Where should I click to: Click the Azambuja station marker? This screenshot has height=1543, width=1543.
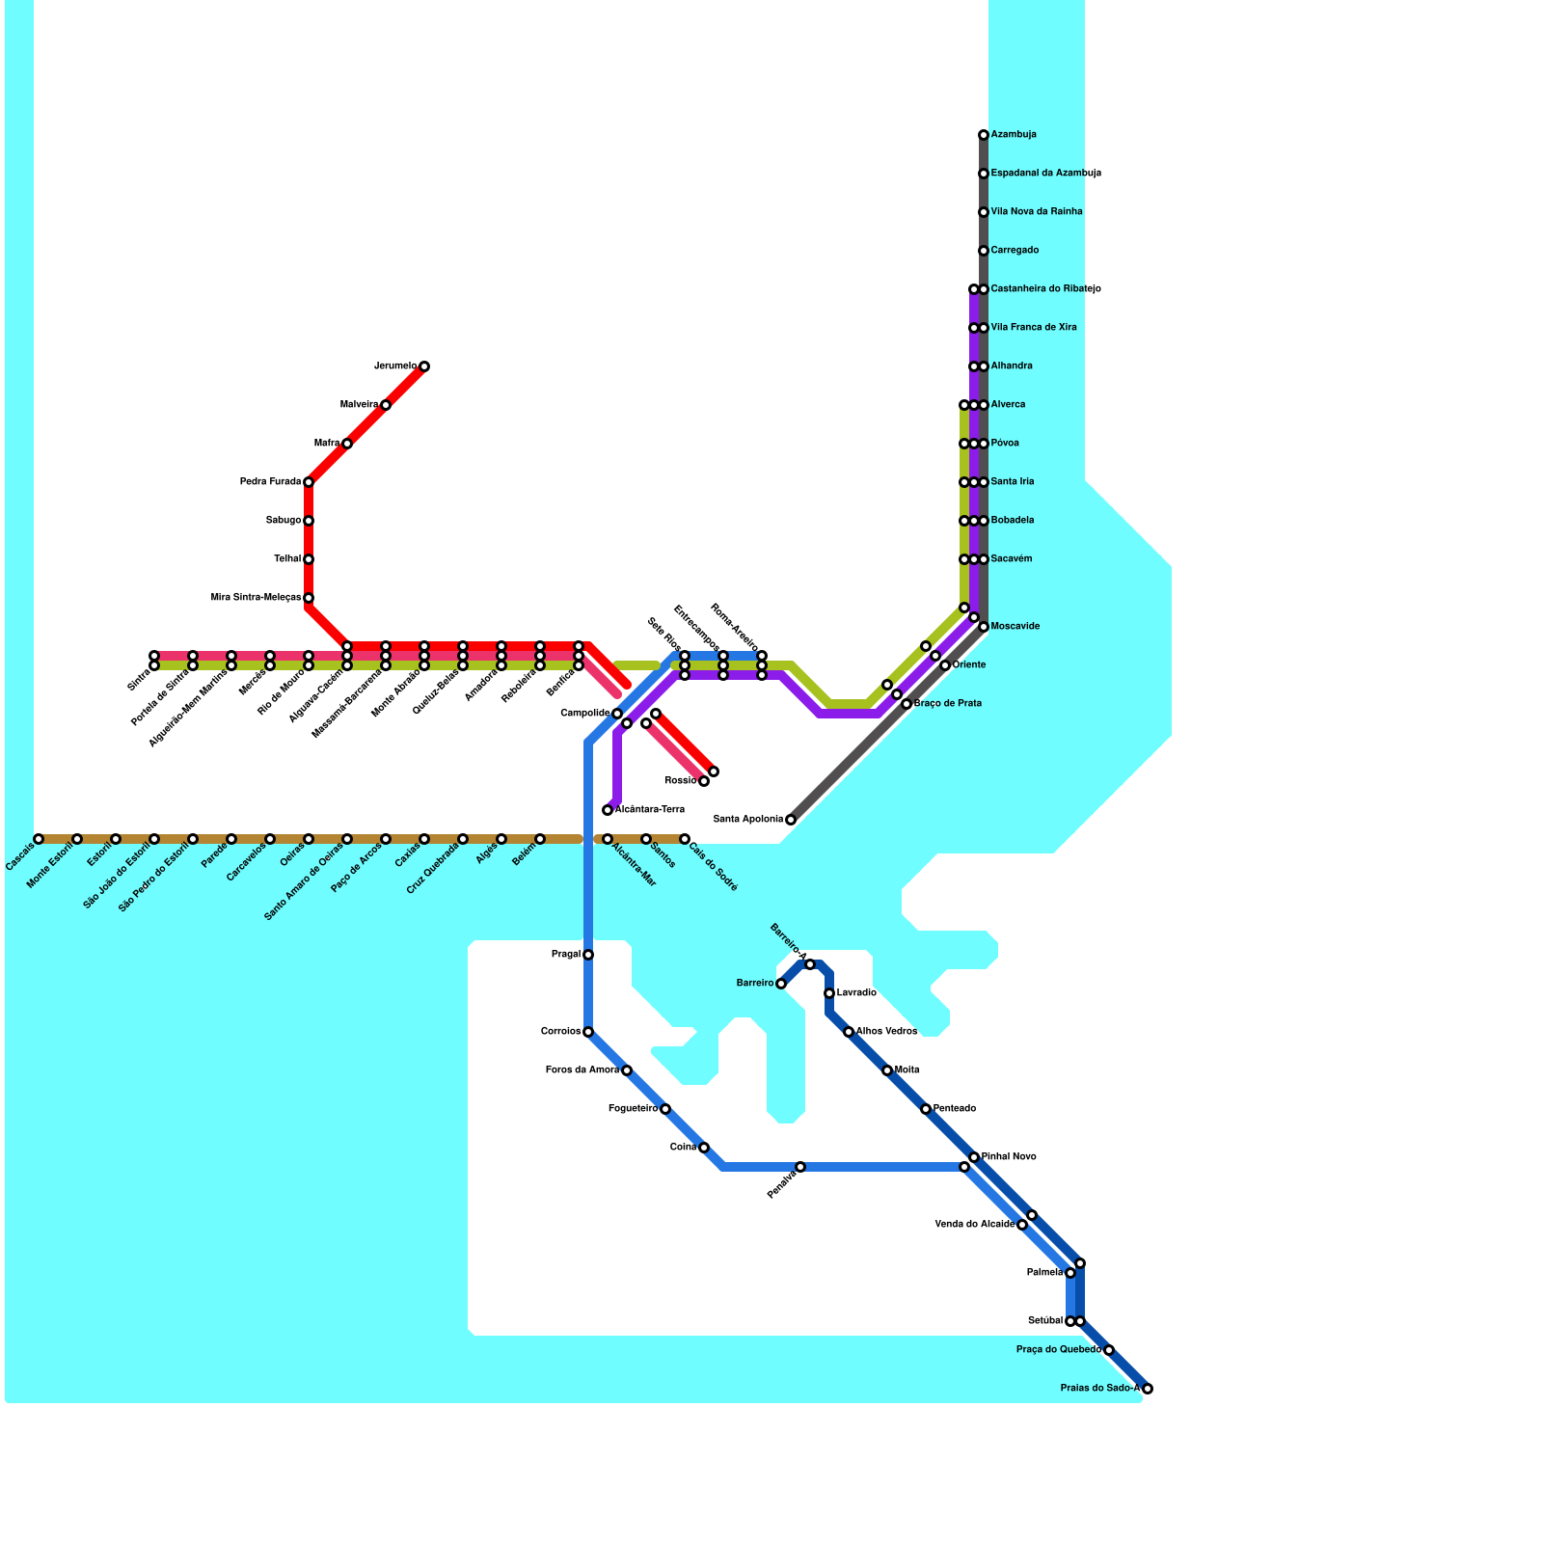(x=983, y=135)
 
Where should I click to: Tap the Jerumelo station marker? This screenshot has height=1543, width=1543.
(x=424, y=366)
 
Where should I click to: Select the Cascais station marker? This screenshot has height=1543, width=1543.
(x=39, y=839)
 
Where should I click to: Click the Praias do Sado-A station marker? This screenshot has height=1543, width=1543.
(x=1147, y=1389)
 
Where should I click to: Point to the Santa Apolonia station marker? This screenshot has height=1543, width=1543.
(x=791, y=820)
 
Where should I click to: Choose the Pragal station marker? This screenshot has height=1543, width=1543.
(x=588, y=955)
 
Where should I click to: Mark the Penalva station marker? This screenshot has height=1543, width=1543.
(x=800, y=1167)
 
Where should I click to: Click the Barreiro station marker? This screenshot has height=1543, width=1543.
(x=781, y=984)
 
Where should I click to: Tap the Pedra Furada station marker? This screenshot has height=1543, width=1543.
(x=309, y=482)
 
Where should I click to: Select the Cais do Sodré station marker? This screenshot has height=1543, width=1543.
(x=685, y=839)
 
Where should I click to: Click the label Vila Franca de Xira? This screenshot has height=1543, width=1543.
(x=1034, y=328)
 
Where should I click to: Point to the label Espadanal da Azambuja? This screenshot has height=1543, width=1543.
(x=1045, y=174)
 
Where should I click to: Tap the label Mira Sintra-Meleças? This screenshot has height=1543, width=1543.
(x=256, y=598)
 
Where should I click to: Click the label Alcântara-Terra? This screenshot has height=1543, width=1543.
(x=650, y=810)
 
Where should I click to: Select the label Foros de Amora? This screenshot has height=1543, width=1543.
(x=582, y=1070)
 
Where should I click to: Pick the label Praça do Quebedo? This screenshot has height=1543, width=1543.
(x=1059, y=1350)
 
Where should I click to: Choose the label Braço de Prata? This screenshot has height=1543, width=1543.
(x=947, y=704)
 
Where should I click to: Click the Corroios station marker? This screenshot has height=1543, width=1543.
(x=588, y=1032)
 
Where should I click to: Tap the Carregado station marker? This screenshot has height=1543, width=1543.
(x=983, y=251)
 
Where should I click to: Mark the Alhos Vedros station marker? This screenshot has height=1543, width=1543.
(x=849, y=1032)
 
